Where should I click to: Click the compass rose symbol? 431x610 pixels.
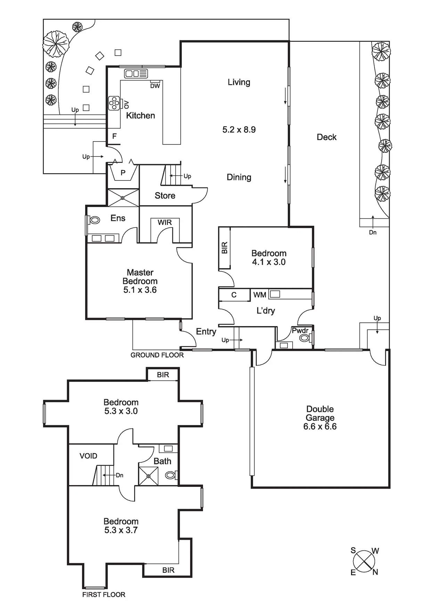coord(364,561)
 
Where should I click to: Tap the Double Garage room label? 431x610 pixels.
coord(320,417)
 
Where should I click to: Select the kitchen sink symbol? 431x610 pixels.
coord(136,73)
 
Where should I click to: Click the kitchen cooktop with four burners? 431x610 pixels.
coord(114,103)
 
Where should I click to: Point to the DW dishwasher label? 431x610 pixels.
coord(155,86)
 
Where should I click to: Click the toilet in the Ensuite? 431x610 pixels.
coord(94,220)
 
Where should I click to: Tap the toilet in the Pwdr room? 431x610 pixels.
coord(305,338)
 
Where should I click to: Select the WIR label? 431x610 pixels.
coord(164,223)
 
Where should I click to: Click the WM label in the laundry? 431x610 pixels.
coord(260,295)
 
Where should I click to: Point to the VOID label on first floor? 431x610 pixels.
coord(88,456)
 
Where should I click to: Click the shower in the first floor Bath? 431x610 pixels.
coord(148,476)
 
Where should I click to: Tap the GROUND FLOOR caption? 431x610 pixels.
coord(157,355)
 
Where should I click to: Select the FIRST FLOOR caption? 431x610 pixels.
coord(104,595)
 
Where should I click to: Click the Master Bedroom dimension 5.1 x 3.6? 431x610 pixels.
coord(140,290)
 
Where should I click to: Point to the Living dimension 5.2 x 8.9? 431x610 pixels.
coord(239,130)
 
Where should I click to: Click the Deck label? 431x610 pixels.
coord(326,137)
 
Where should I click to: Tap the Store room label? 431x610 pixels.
coord(165,196)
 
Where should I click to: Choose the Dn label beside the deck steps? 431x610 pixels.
coord(373,232)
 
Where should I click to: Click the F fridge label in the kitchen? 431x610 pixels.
coord(114,136)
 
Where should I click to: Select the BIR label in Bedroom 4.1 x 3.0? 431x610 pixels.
coord(225,248)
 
